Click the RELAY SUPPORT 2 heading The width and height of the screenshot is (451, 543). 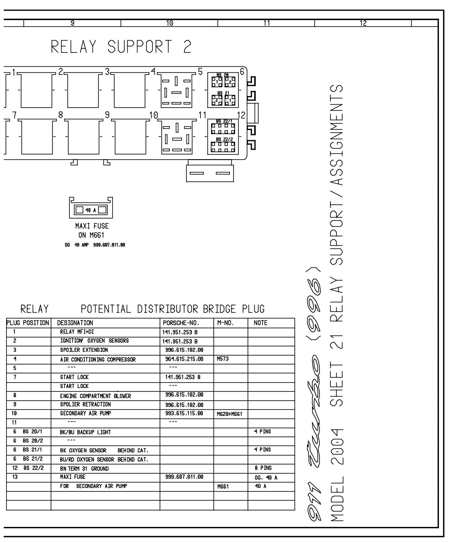(121, 47)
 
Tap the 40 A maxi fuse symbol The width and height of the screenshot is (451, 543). (91, 210)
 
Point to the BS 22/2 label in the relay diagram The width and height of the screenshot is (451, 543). (224, 139)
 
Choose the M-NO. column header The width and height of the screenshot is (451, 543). (225, 323)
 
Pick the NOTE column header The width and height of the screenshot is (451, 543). (260, 323)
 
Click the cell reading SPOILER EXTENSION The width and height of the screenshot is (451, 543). (84, 350)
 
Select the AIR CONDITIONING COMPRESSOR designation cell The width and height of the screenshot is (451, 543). (98, 359)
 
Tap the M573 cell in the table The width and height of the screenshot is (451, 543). (222, 359)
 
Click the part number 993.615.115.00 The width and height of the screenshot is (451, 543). (184, 413)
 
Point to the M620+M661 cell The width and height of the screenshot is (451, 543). (229, 414)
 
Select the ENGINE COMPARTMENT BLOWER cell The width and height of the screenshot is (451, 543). (95, 396)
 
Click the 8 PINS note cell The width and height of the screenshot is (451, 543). (263, 468)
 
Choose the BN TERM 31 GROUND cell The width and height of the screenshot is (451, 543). (84, 469)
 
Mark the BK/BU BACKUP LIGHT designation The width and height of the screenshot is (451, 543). (85, 432)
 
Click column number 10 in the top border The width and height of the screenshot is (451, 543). (169, 23)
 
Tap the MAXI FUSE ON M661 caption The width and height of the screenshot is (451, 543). (92, 230)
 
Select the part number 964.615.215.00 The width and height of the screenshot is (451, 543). (184, 359)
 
